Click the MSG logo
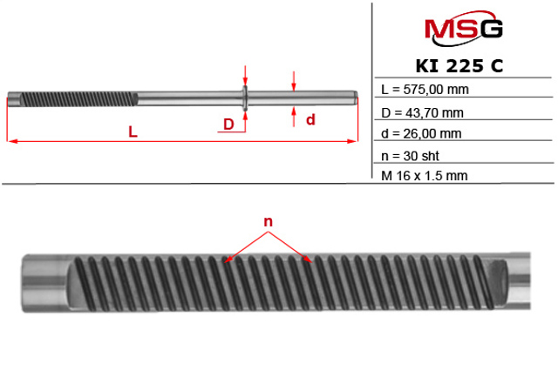click(x=462, y=29)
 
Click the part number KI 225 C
click(x=461, y=66)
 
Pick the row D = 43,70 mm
click(x=422, y=112)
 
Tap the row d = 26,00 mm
click(x=422, y=133)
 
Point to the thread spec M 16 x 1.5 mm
click(x=425, y=175)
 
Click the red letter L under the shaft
click(x=132, y=132)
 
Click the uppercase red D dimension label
click(x=228, y=125)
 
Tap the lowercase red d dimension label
click(x=310, y=120)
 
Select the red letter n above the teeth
click(x=269, y=222)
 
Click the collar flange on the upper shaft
click(x=246, y=97)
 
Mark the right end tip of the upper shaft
click(x=356, y=97)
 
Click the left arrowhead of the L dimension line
click(x=10, y=139)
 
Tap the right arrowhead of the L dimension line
click(x=354, y=139)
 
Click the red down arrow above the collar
click(x=246, y=77)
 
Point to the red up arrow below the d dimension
click(x=295, y=115)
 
